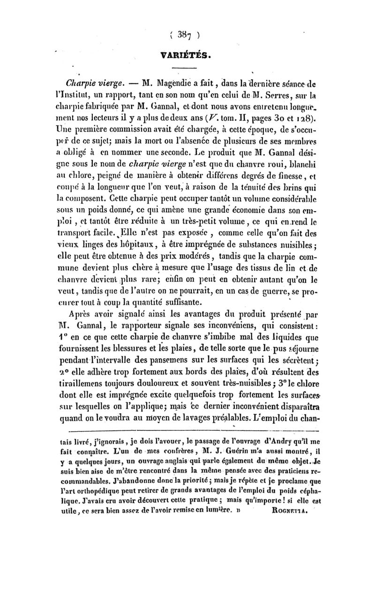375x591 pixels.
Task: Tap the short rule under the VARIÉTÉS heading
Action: [187, 68]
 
